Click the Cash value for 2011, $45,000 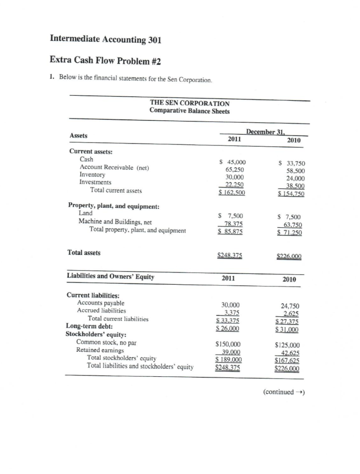coord(233,162)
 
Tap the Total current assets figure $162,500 coord(232,191)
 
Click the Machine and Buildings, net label coord(115,221)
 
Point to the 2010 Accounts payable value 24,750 coord(291,306)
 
